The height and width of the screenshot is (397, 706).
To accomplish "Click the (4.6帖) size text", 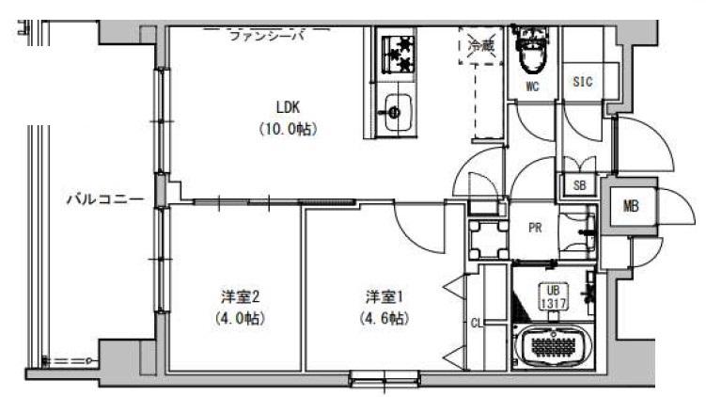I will pos(383,318).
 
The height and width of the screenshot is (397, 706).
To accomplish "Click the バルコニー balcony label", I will pos(104,199).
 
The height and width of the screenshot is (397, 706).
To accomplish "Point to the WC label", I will pos(532,87).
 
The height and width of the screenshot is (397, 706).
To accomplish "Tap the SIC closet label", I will pos(583,82).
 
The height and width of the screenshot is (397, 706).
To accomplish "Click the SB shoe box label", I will pos(580,185).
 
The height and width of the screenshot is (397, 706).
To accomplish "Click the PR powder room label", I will pos(534,227).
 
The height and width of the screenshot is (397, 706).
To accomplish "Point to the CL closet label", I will pos(476,324).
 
